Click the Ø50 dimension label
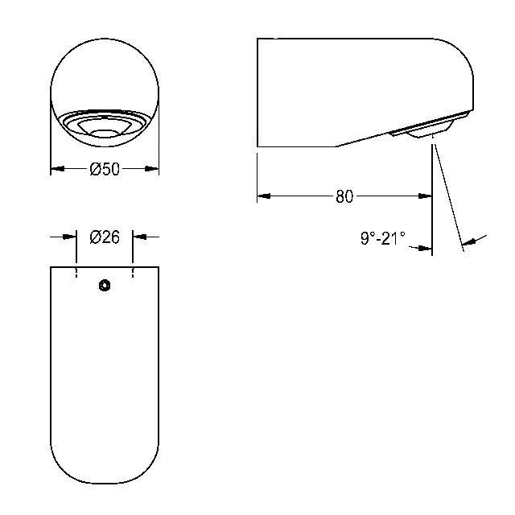(x=105, y=169)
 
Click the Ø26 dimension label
(x=105, y=237)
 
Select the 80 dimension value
(x=344, y=196)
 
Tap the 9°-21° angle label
(x=383, y=238)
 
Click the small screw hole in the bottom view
(x=105, y=285)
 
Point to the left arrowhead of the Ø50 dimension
(x=57, y=169)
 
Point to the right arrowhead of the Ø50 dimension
(x=152, y=169)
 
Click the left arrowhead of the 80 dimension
(x=264, y=196)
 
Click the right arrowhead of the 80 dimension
(x=425, y=196)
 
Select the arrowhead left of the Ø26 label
(x=70, y=237)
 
